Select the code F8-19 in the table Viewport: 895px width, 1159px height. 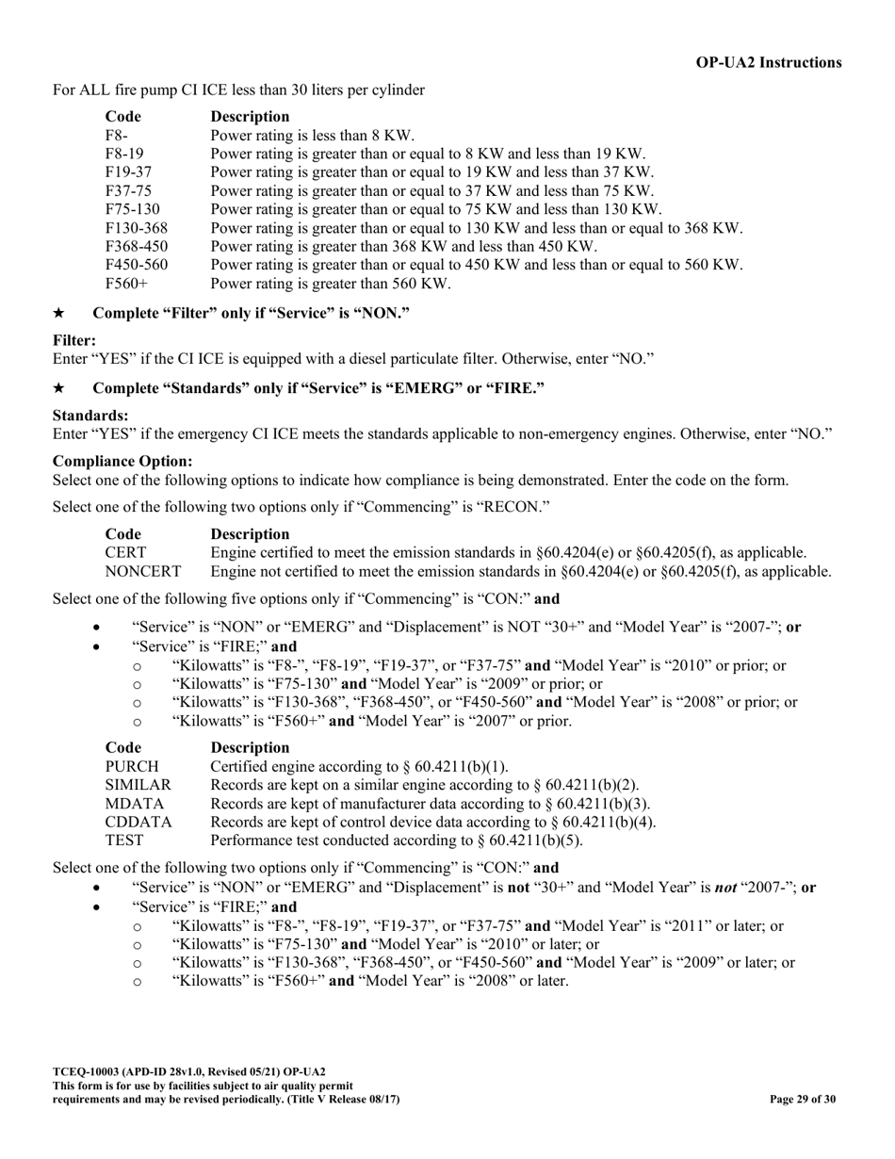tap(124, 154)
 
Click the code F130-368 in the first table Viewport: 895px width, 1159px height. tap(136, 228)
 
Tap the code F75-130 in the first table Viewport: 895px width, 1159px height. tap(132, 209)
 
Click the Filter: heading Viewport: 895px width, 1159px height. tap(74, 340)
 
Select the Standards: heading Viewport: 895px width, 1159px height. tap(90, 416)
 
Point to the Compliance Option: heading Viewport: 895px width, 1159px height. tap(122, 462)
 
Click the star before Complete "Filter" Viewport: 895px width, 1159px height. tap(59, 313)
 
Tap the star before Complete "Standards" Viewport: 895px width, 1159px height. tap(59, 388)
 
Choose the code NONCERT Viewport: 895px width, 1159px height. tap(142, 571)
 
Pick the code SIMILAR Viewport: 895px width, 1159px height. tap(138, 785)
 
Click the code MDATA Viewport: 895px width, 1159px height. tap(134, 804)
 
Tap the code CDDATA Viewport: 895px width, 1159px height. tap(138, 822)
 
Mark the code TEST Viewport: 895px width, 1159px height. tap(124, 841)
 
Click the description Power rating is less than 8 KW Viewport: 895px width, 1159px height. tap(313, 135)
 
